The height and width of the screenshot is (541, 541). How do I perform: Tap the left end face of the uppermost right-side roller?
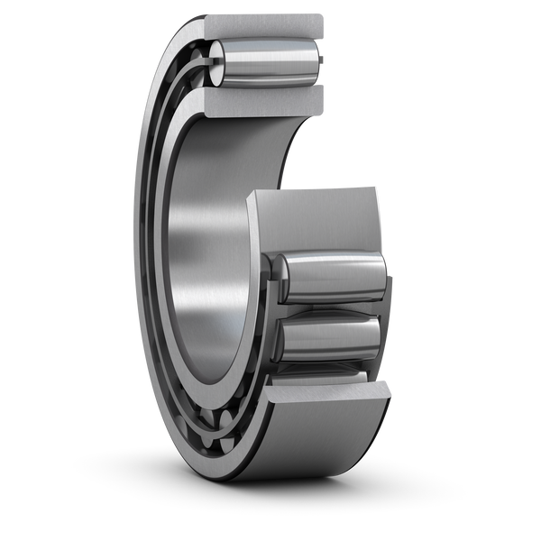point(279,275)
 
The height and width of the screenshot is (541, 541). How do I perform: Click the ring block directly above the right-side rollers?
point(316,216)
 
